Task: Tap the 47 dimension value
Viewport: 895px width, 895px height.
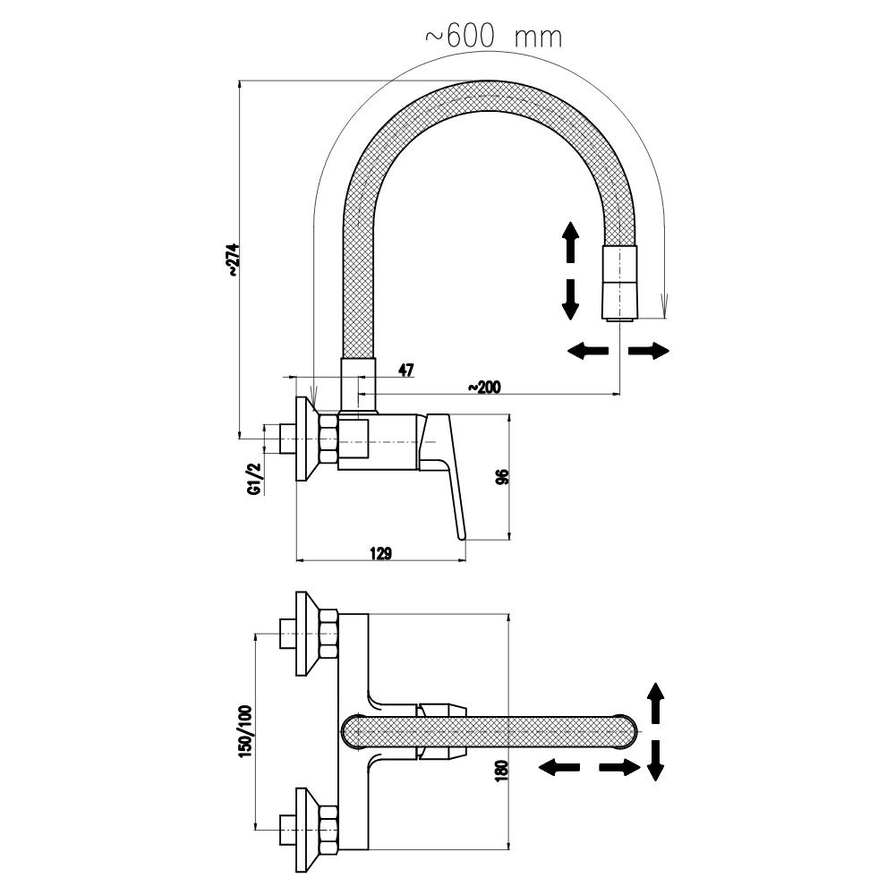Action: pyautogui.click(x=405, y=371)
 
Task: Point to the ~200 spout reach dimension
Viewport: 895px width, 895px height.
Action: pyautogui.click(x=484, y=387)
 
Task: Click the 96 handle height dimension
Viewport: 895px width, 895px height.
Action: pyautogui.click(x=501, y=478)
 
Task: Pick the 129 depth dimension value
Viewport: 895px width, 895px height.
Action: pyautogui.click(x=380, y=553)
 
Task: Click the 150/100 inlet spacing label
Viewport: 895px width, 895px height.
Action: pyautogui.click(x=245, y=731)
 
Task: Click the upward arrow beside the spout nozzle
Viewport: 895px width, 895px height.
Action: pyautogui.click(x=567, y=243)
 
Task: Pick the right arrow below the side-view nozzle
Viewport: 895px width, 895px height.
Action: pyautogui.click(x=648, y=351)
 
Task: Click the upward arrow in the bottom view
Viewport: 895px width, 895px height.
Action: pyautogui.click(x=655, y=703)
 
